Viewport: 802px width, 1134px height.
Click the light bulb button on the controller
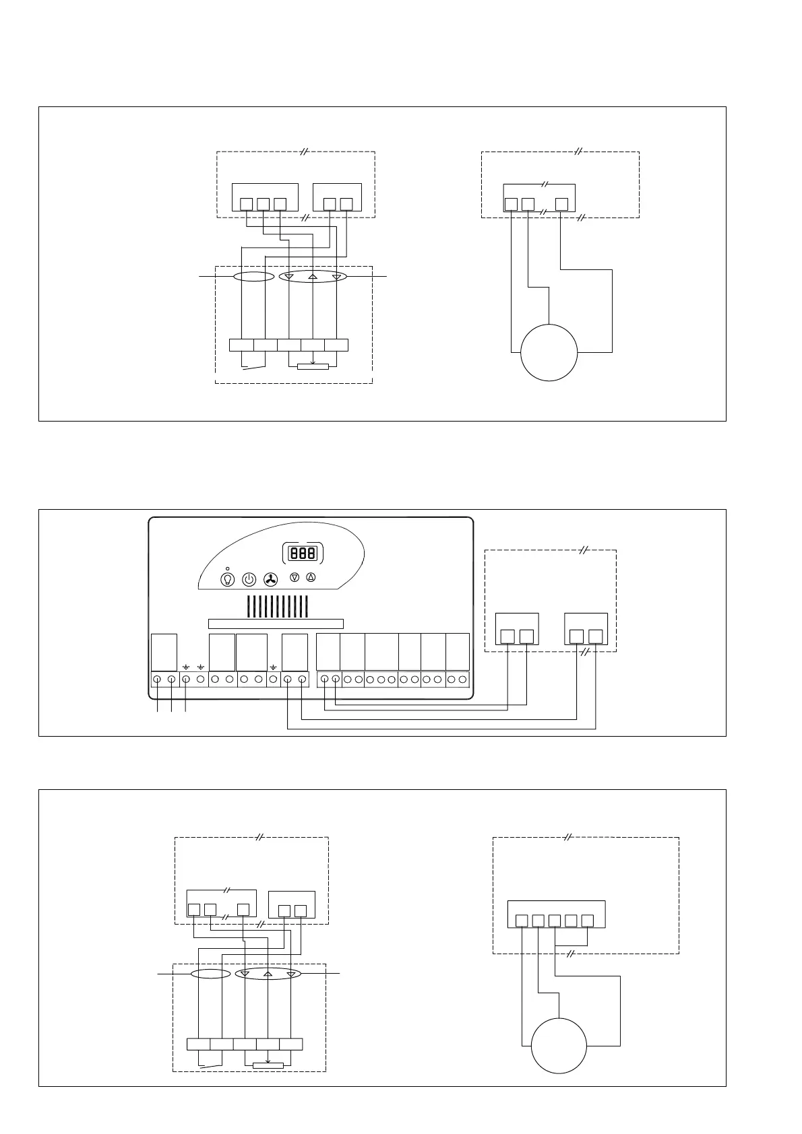228,579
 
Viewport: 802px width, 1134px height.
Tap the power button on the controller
249,579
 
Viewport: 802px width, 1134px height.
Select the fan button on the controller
270,579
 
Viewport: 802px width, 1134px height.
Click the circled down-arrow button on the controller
294,578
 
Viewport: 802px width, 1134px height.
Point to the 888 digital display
303,554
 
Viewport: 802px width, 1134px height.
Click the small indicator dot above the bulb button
228,568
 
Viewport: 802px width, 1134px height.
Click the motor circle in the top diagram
549,352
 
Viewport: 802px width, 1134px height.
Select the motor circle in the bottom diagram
559,1045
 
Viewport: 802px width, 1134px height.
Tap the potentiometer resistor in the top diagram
313,367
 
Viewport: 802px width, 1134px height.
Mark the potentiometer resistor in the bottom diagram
268,1065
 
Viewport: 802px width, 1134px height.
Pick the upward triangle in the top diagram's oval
313,277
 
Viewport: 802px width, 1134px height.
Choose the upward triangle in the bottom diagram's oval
268,974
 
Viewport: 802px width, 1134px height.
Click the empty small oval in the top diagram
253,277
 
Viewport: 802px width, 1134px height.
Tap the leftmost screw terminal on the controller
157,679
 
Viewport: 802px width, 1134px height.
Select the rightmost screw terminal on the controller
462,679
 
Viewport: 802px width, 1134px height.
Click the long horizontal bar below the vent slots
276,624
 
